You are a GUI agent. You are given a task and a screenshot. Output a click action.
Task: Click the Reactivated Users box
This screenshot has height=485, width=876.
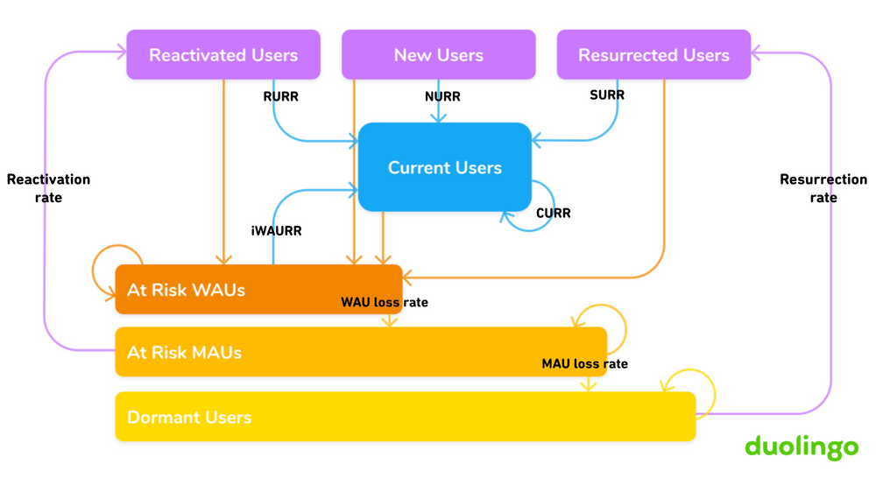(x=223, y=55)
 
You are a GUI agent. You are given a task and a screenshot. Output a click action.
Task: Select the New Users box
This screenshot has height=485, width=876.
(x=438, y=55)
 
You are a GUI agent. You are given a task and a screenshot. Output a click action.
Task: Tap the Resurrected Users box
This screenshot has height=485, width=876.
(x=653, y=55)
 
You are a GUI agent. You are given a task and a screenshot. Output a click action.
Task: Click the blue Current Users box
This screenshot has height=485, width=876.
(x=444, y=167)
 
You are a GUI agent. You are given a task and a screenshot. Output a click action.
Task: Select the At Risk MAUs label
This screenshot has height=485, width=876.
(x=184, y=352)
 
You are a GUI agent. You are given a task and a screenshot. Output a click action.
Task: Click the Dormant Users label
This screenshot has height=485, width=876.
(x=189, y=417)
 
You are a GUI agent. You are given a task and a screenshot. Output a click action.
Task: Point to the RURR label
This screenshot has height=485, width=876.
(x=280, y=96)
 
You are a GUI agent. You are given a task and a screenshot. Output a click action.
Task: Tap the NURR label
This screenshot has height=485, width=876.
(x=442, y=96)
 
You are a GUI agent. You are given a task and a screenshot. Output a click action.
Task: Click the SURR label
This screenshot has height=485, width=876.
(x=607, y=95)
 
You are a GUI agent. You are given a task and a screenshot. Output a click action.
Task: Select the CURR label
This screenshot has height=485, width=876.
(x=553, y=213)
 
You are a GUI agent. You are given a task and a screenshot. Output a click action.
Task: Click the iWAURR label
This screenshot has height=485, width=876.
(x=277, y=231)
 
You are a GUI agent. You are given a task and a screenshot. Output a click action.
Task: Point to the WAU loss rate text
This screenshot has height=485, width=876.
(x=384, y=303)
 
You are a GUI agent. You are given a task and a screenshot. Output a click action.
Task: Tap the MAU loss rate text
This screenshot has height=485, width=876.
(x=584, y=363)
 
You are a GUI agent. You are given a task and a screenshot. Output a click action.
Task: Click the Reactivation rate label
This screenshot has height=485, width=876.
(x=48, y=188)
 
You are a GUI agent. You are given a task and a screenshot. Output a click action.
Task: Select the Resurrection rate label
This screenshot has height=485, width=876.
(x=823, y=188)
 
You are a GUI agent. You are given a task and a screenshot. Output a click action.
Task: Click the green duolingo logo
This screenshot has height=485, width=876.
(x=801, y=446)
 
